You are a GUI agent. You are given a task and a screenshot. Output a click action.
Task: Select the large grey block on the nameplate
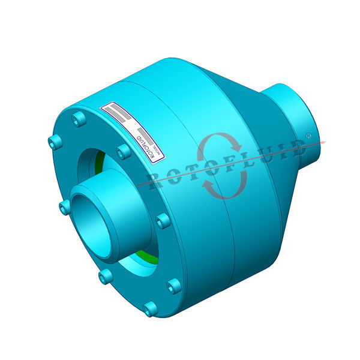tap(116, 113)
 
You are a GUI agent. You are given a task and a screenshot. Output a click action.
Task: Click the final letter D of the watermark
tap(295, 148)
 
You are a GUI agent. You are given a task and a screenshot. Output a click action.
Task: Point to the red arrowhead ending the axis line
tap(325, 142)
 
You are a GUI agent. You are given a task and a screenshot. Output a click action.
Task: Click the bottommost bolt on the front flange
tap(150, 310)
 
